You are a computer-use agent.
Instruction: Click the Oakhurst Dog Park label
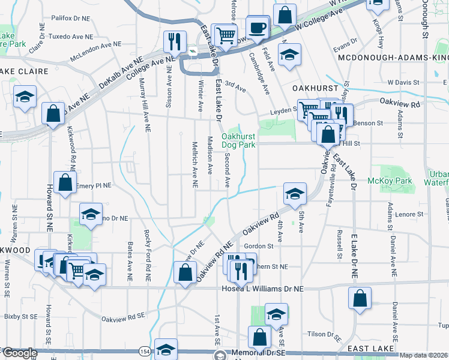click(238, 140)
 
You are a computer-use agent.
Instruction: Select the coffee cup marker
click(258, 28)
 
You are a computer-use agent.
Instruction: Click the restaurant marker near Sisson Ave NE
click(173, 42)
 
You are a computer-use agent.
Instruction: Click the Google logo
click(20, 353)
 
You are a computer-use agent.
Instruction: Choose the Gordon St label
click(259, 245)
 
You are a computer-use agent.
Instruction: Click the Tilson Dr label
click(322, 334)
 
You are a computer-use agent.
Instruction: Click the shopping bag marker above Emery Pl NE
click(64, 183)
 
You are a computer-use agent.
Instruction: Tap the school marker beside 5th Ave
click(294, 194)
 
